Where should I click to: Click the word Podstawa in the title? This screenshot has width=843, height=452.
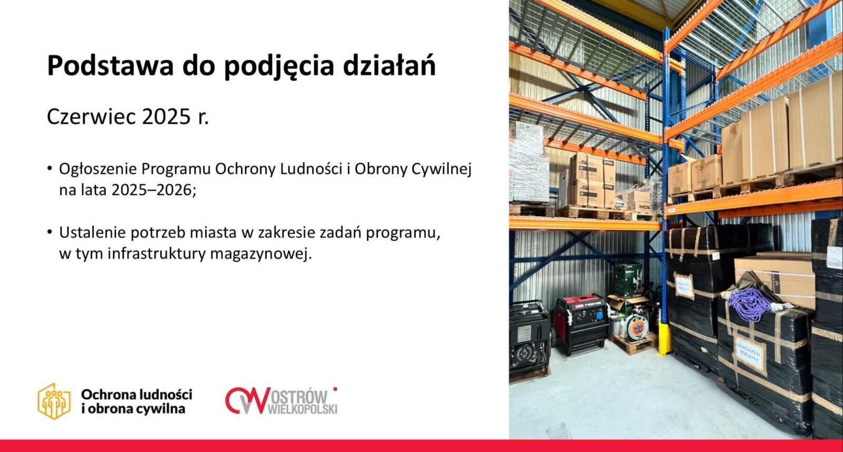110,65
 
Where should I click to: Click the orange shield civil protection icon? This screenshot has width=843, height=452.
54,401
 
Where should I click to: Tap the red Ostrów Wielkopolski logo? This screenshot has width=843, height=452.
281,401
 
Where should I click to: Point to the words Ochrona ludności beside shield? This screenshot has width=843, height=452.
136,395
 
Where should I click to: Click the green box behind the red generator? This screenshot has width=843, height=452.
628,280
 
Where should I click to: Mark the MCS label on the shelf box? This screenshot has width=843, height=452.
644,208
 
